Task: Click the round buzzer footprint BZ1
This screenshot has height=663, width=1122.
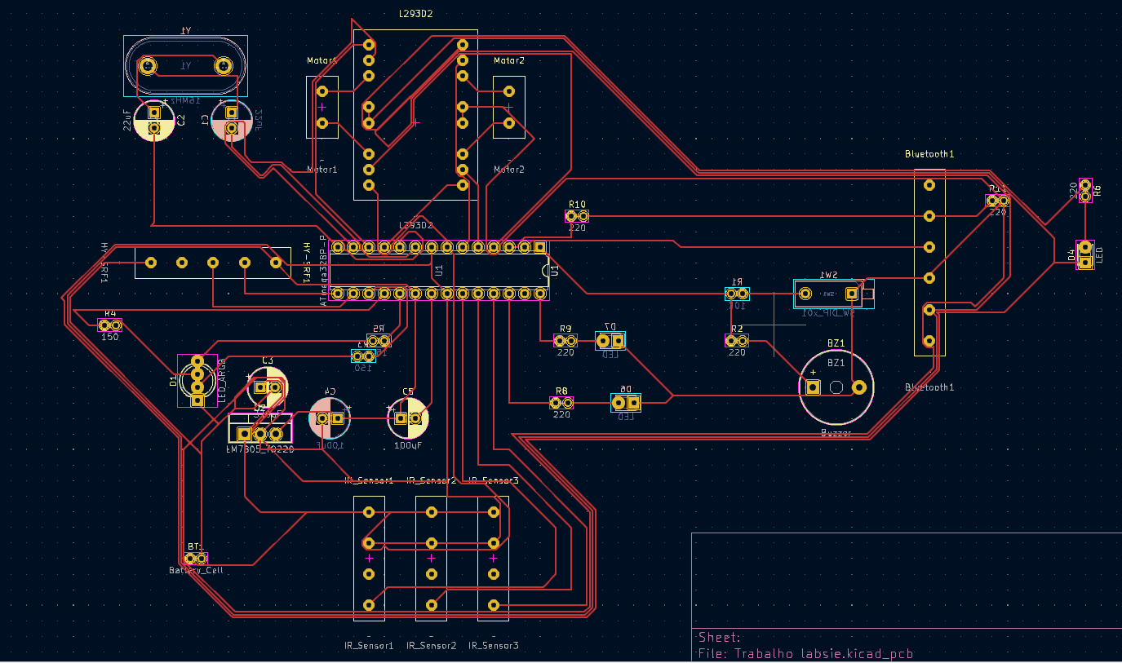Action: (836, 387)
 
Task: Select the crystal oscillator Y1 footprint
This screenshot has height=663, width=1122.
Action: (184, 66)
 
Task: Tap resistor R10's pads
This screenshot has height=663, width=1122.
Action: (577, 216)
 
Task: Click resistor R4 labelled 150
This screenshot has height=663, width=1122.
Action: (109, 325)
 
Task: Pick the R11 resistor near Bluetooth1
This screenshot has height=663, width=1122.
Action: (998, 200)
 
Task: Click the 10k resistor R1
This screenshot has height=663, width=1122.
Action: (737, 294)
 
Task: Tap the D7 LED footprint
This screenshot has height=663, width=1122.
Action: (611, 340)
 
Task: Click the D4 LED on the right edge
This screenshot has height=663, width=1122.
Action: (1084, 254)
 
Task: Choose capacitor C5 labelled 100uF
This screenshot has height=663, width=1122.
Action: (407, 418)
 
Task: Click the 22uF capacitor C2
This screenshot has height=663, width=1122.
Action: (154, 121)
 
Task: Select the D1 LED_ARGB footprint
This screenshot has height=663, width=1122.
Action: (197, 380)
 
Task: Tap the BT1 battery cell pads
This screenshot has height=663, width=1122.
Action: (196, 559)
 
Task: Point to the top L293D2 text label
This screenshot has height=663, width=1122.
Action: (415, 14)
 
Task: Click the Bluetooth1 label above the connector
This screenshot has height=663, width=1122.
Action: (929, 154)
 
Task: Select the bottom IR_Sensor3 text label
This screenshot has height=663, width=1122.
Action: (493, 646)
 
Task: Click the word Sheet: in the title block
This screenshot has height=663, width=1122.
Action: (719, 637)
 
